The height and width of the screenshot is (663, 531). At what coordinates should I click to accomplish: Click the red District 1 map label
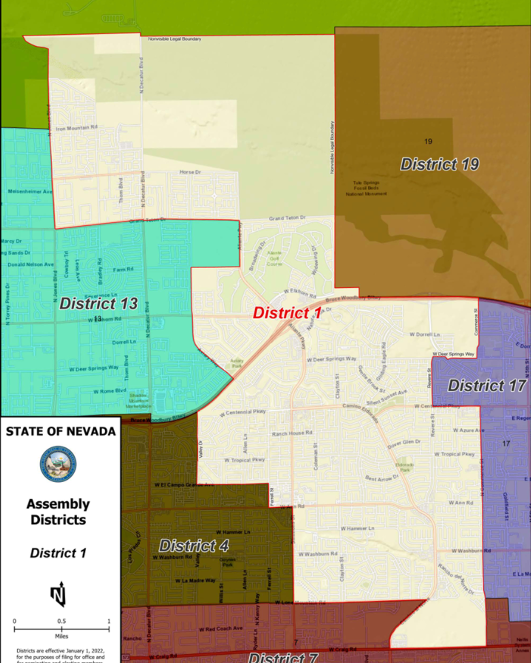click(287, 313)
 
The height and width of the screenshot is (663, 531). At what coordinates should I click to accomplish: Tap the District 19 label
click(440, 164)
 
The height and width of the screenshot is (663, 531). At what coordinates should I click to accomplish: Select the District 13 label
click(98, 304)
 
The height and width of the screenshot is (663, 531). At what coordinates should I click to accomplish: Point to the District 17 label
click(487, 386)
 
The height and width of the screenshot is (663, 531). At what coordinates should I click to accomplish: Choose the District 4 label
click(194, 546)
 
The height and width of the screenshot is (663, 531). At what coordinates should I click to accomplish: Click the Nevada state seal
click(58, 464)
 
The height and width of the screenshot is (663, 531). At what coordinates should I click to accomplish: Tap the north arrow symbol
click(59, 594)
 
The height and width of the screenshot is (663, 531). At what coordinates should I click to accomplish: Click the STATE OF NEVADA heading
click(60, 431)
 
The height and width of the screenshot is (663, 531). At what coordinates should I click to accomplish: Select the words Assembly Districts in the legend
click(58, 512)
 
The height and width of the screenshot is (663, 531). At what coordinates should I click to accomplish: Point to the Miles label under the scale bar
click(61, 636)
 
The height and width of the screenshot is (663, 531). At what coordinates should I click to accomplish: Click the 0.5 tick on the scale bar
click(61, 621)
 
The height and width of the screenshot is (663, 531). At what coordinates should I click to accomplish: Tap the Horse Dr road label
click(190, 172)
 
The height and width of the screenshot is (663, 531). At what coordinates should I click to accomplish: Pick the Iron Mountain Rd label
click(76, 128)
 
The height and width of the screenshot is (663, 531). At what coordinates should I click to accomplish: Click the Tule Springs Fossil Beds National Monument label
click(366, 188)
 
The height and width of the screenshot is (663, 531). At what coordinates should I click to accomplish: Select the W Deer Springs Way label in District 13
click(93, 368)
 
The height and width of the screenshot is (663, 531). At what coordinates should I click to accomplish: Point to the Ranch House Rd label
click(292, 433)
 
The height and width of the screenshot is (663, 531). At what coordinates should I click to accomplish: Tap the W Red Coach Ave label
click(221, 629)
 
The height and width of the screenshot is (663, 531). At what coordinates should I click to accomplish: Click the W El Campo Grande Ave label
click(184, 485)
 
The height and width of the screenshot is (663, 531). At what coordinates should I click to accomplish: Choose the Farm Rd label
click(123, 270)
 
